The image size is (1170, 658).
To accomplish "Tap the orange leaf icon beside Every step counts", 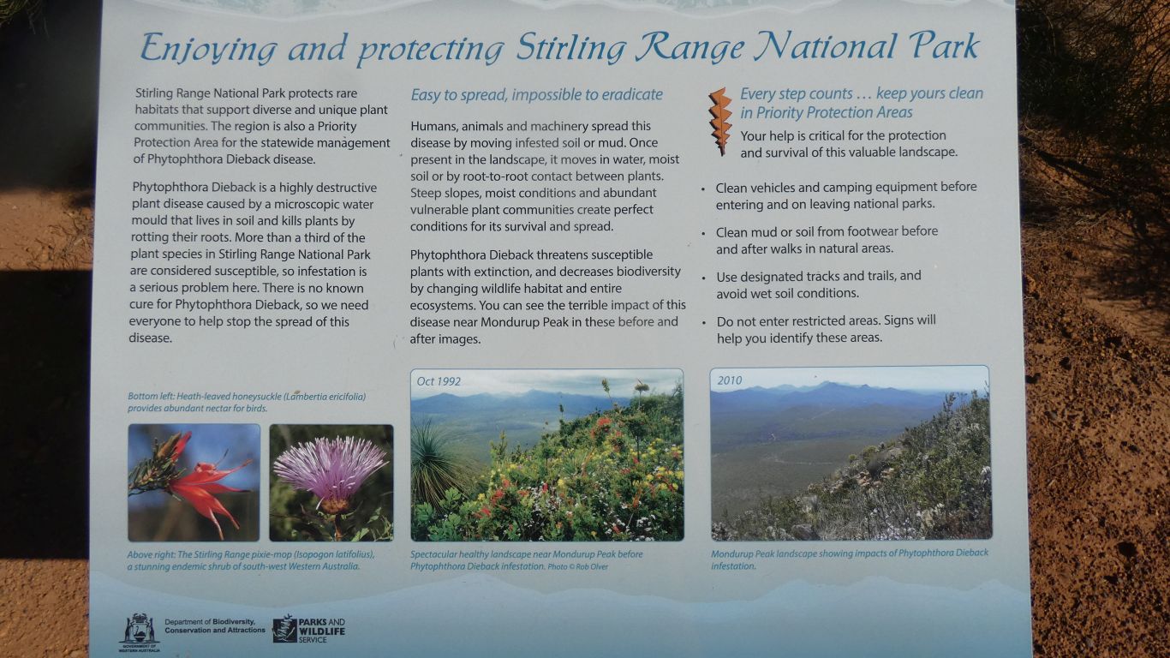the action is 720,122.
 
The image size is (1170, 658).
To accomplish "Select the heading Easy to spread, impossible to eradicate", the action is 536,94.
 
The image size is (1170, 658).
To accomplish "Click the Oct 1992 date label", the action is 439,381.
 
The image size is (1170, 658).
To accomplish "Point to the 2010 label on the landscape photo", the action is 729,380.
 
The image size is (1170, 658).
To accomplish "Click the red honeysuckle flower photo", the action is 194,482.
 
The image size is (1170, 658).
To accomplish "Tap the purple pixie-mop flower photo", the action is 331,482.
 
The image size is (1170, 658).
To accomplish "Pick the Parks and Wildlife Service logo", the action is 308,629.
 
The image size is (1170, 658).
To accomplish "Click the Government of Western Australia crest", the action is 139,632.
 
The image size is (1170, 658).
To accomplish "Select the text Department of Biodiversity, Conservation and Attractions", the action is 215,626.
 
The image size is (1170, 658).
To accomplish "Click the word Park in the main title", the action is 945,46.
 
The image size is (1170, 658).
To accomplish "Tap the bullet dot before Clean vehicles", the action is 703,189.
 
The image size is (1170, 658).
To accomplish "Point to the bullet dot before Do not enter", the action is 703,323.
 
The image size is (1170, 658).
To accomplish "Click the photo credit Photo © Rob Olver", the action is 577,567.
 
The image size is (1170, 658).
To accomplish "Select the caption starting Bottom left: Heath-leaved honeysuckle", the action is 247,403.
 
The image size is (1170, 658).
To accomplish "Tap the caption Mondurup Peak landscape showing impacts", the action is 850,559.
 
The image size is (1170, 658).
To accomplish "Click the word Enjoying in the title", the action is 208,50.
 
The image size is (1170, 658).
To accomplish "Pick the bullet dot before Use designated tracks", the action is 703,278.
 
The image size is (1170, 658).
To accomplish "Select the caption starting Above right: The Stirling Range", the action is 251,560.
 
